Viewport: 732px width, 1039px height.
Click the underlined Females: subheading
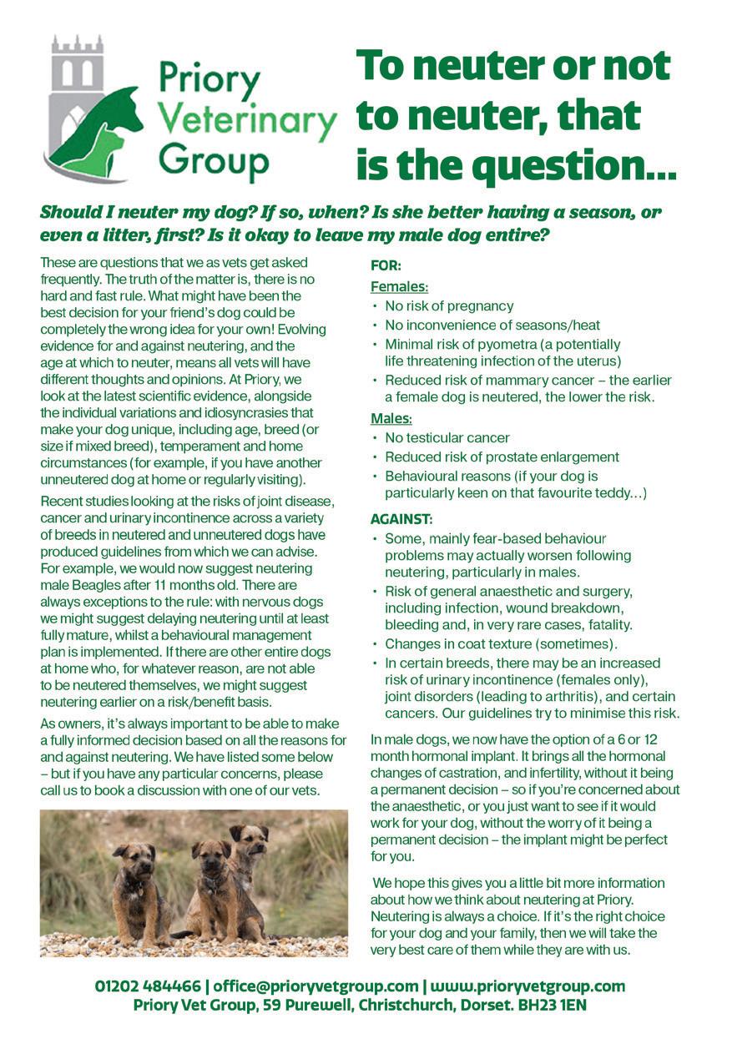pyautogui.click(x=400, y=287)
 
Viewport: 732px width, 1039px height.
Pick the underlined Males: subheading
pyautogui.click(x=391, y=419)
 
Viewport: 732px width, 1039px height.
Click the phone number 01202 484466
pyautogui.click(x=148, y=986)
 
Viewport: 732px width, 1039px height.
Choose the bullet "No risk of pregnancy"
pyautogui.click(x=449, y=306)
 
